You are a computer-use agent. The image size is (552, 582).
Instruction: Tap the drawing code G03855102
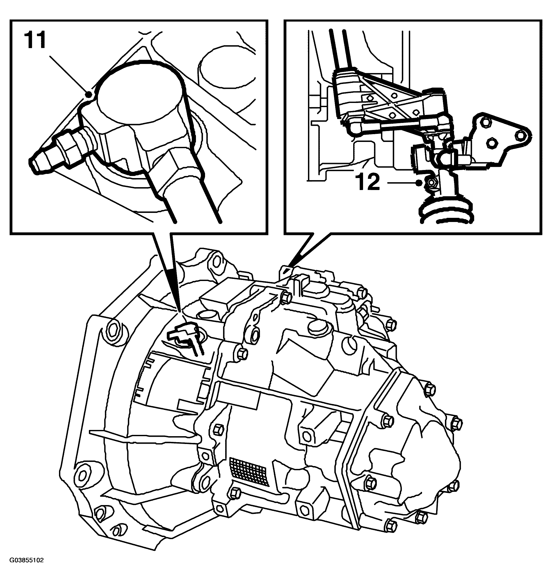pos(26,568)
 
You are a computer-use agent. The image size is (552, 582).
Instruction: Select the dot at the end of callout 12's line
pos(418,183)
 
